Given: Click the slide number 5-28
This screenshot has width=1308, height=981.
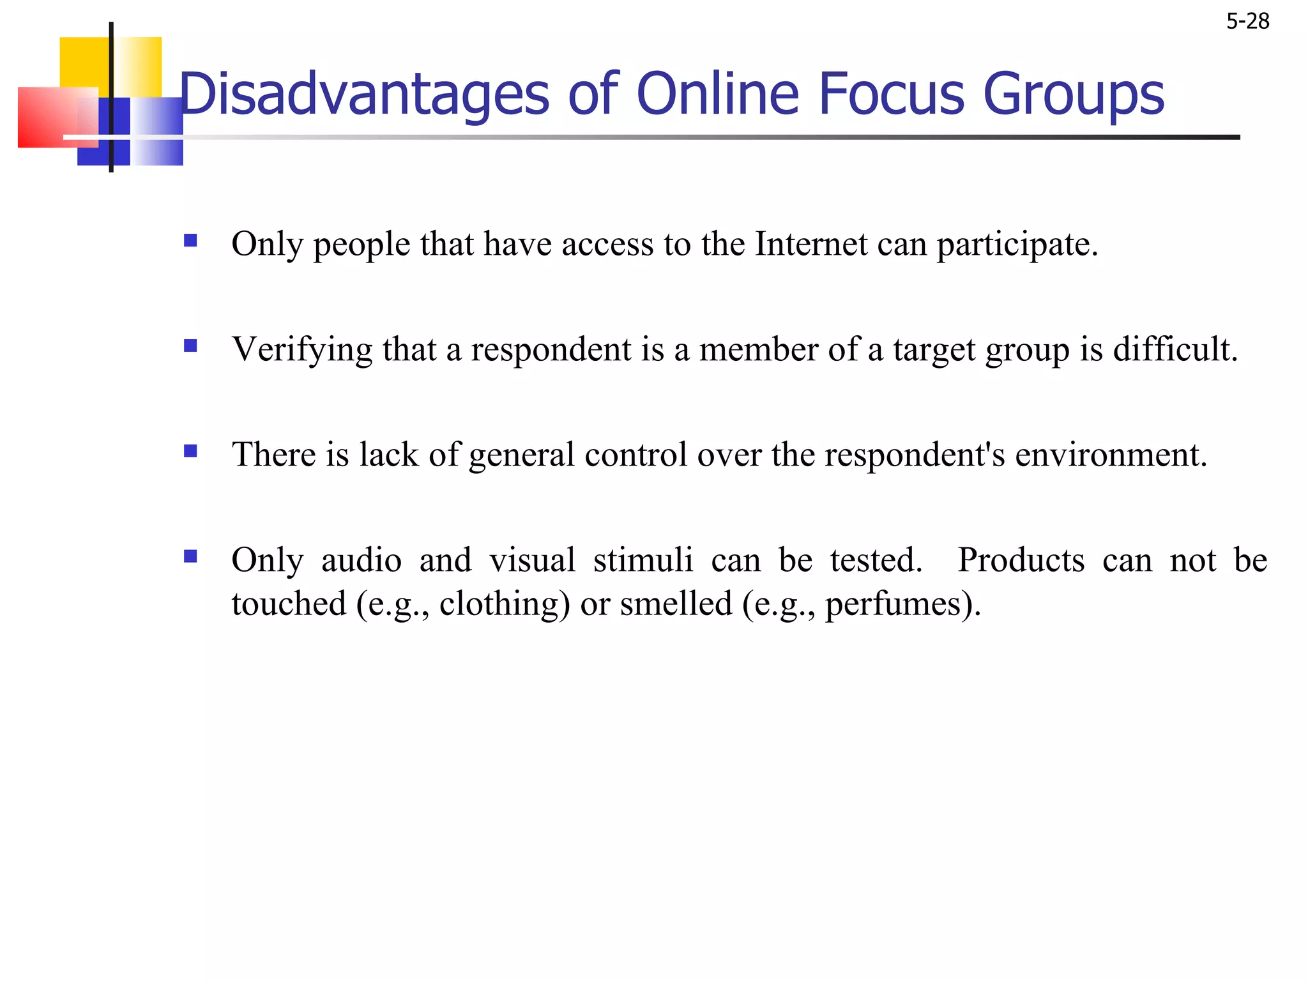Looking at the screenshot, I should pyautogui.click(x=1247, y=22).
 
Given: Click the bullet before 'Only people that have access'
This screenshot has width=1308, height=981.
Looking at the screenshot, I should pyautogui.click(x=190, y=241).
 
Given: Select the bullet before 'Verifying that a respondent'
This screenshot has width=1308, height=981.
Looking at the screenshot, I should pyautogui.click(x=190, y=346).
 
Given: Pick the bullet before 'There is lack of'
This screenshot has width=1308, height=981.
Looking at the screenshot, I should pyautogui.click(x=190, y=452).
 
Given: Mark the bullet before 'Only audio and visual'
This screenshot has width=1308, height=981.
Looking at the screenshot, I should pyautogui.click(x=190, y=556).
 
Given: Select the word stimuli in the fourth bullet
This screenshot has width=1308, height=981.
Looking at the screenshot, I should pyautogui.click(x=643, y=560).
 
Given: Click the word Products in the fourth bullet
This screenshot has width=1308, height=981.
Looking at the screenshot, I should pyautogui.click(x=1021, y=560).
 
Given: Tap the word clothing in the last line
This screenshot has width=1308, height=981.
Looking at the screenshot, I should pyautogui.click(x=504, y=604).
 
